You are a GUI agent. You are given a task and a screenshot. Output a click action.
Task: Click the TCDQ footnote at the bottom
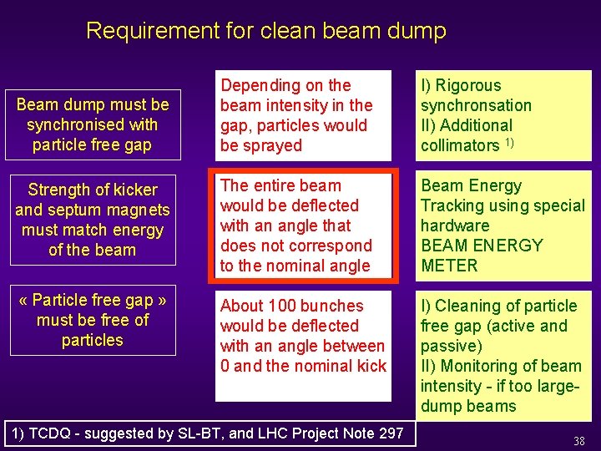[x=207, y=433]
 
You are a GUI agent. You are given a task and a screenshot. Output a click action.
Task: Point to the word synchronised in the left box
[x=92, y=125]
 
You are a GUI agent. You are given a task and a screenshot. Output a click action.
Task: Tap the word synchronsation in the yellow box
[x=476, y=106]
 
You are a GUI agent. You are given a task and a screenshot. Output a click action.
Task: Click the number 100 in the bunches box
[x=285, y=307]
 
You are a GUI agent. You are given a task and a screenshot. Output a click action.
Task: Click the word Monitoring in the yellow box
[x=479, y=367]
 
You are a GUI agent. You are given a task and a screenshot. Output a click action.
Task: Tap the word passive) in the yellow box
[x=451, y=347]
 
